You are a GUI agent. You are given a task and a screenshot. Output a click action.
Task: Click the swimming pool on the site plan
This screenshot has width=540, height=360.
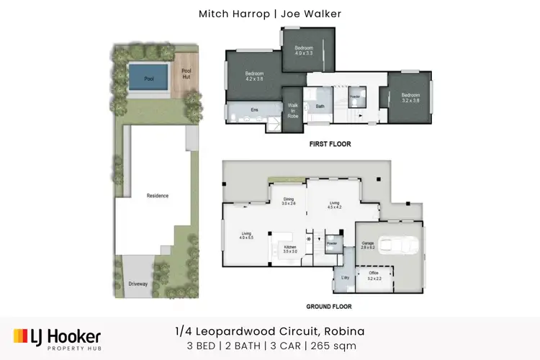[150, 78]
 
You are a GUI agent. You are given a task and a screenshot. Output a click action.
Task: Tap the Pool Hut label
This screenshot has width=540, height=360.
[186, 73]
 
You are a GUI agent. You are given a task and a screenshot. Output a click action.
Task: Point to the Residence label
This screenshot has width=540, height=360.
[157, 196]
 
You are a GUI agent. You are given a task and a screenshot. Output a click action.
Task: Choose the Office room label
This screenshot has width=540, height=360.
[374, 276]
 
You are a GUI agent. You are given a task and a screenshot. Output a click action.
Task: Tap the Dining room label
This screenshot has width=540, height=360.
[289, 202]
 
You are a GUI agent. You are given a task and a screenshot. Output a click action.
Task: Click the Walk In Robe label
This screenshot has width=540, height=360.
[293, 110]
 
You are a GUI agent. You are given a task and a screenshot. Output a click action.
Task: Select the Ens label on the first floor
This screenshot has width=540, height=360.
[254, 109]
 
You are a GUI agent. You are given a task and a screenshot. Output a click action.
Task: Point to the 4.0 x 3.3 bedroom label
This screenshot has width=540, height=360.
[304, 50]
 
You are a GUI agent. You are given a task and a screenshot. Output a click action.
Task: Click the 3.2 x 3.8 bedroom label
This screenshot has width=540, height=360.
[411, 97]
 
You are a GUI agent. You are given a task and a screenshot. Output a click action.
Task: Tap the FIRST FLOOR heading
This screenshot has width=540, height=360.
[330, 144]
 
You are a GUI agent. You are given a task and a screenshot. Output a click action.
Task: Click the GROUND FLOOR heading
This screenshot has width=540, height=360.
[328, 307]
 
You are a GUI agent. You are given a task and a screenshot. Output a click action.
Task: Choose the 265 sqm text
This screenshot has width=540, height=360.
[339, 346]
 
